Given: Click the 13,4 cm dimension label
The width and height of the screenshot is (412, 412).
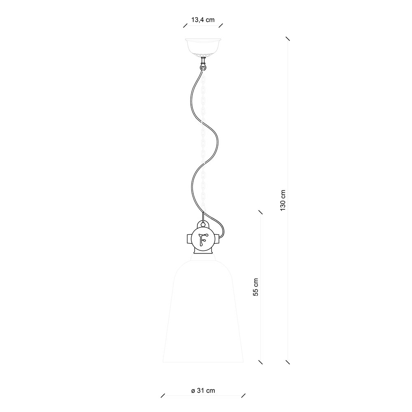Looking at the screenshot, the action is pyautogui.click(x=203, y=20).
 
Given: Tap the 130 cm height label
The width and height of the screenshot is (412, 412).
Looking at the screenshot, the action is pyautogui.click(x=283, y=200).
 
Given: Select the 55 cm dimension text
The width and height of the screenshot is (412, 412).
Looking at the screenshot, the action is pyautogui.click(x=256, y=287).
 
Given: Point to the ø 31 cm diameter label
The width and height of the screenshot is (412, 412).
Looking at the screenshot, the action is pyautogui.click(x=203, y=391).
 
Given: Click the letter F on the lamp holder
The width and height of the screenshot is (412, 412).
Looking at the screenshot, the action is pyautogui.click(x=203, y=239).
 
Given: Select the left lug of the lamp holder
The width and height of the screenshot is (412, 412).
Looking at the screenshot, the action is pyautogui.click(x=190, y=239).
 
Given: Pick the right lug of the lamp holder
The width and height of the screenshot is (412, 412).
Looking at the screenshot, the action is pyautogui.click(x=217, y=239).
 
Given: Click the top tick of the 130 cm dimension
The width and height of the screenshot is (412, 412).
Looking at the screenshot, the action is pyautogui.click(x=288, y=39).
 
